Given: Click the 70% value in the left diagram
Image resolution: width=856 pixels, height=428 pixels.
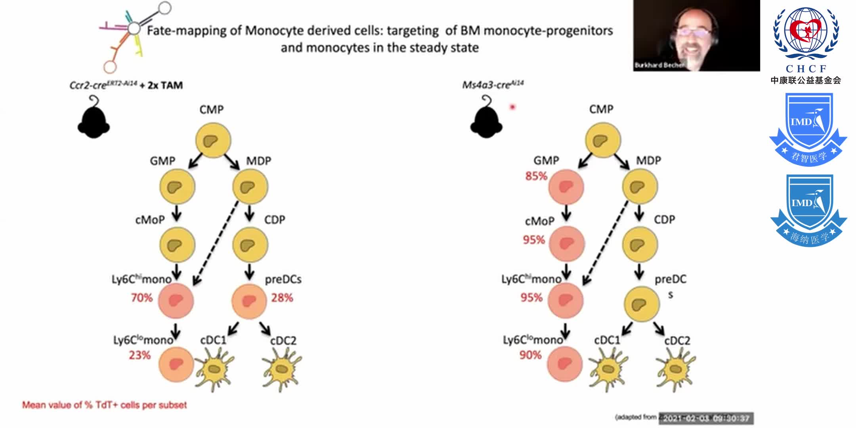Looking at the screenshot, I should point(142,298).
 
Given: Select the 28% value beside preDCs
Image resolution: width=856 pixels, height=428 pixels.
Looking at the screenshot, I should point(282,298).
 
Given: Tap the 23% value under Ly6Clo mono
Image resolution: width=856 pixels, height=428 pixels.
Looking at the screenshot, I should point(139,355).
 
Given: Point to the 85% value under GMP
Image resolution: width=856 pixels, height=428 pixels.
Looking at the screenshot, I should point(536,176).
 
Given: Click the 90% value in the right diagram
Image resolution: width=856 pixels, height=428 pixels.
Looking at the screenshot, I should point(530,355).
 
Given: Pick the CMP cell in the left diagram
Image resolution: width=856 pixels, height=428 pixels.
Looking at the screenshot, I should point(213,140).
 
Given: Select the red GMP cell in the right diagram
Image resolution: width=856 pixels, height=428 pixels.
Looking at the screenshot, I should point(566,187).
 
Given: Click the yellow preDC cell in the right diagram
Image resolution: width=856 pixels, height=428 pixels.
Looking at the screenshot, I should point(641,304).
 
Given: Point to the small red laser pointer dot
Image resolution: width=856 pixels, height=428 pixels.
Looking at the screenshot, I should point(512,107).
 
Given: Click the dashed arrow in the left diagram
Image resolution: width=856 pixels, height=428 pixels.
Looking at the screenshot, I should point(216,243).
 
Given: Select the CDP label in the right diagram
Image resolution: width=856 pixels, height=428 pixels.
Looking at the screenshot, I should point(664,220).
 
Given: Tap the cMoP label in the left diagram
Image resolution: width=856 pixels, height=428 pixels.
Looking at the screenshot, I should point(150,220).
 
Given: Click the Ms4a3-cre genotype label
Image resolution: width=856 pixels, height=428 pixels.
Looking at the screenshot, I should point(493,85).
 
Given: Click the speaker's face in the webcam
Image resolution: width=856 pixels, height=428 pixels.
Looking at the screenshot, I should point(694,38).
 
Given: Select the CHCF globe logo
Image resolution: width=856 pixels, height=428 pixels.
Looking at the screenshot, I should point(806,33).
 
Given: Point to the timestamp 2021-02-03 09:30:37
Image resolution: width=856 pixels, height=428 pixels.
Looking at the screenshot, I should point(706,418).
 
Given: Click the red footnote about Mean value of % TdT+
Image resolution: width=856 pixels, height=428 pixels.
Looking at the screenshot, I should point(104,405).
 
